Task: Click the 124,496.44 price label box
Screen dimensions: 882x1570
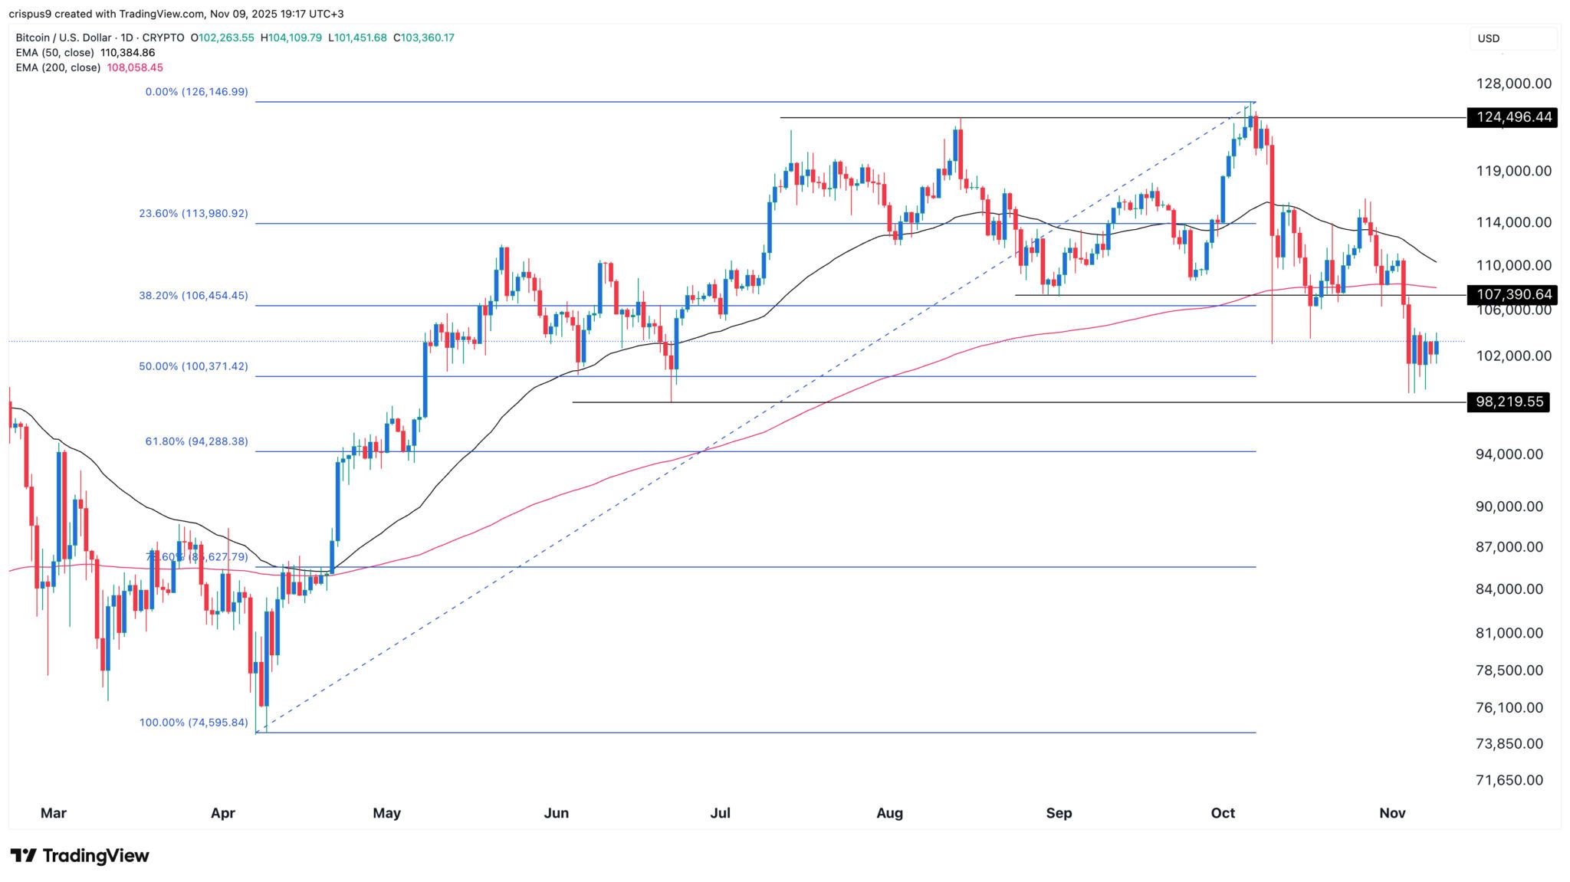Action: (1511, 117)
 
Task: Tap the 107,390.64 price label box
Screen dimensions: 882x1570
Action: (1511, 294)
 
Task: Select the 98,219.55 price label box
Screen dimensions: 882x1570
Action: (1508, 402)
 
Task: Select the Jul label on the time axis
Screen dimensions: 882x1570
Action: (720, 813)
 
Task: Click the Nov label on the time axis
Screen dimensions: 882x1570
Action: (1392, 813)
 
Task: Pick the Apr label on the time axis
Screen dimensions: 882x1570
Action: (222, 813)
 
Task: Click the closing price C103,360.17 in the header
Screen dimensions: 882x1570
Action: (424, 38)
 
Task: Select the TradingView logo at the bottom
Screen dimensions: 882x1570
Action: (80, 856)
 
